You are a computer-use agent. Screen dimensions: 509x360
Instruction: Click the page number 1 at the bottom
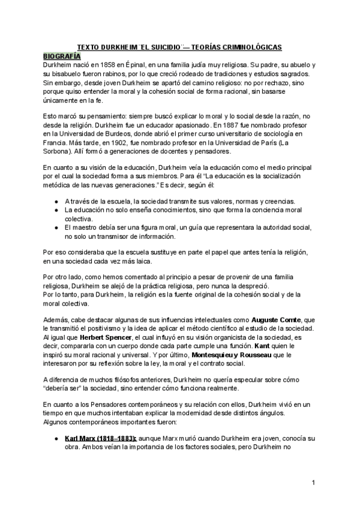click(313, 483)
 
